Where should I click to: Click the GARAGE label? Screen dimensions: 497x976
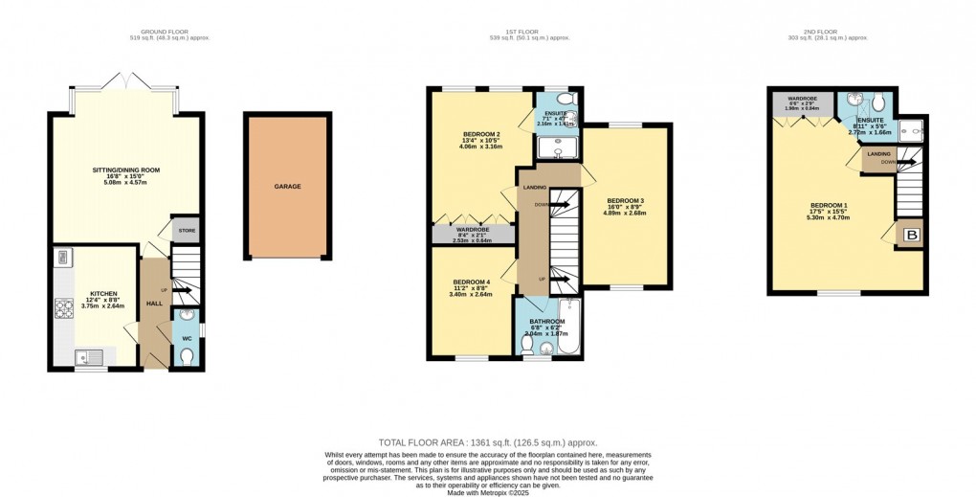click(287, 186)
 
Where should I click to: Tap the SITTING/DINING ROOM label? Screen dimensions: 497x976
click(125, 169)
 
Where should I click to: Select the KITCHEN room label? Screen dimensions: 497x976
click(103, 293)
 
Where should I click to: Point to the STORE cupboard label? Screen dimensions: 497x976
click(184, 230)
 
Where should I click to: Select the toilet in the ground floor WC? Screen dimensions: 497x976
click(187, 356)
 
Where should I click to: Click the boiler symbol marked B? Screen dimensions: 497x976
click(911, 236)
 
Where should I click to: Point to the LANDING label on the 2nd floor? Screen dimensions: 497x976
click(880, 153)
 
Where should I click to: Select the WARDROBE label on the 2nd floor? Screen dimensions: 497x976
click(802, 99)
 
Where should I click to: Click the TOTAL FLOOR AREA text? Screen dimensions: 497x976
click(488, 442)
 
